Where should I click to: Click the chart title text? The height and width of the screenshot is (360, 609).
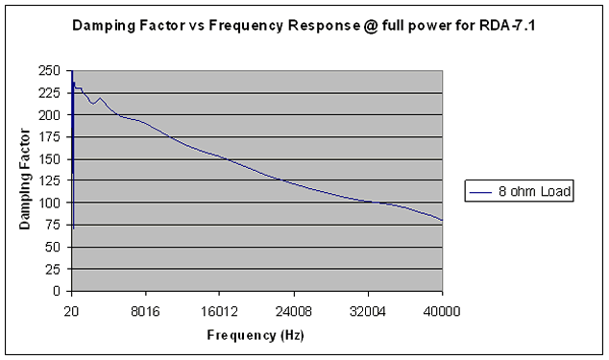pos(304,26)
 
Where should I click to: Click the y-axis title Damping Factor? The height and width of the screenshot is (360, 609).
pos(24,179)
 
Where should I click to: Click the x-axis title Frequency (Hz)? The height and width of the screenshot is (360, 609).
pos(256,335)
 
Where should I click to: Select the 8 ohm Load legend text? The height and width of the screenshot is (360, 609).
pos(534,191)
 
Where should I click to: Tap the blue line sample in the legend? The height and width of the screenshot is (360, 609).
pos(480,192)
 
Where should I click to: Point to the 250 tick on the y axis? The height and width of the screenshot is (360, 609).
pos(49,71)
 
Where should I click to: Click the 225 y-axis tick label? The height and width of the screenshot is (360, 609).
pos(49,93)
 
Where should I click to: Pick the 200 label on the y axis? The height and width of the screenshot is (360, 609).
pos(49,115)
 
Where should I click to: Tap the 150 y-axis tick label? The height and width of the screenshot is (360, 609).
pos(49,158)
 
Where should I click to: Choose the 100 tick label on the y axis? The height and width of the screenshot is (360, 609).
pos(49,203)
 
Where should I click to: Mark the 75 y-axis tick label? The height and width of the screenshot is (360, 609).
pos(53,225)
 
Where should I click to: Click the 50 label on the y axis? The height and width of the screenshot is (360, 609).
pos(53,247)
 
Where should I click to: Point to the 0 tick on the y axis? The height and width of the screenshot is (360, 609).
pos(57,291)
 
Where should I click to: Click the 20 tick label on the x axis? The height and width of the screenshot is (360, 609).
pos(71,311)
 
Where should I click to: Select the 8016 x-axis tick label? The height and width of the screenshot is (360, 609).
pos(145,311)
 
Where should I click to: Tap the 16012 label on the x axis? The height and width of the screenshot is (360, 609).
pos(219,311)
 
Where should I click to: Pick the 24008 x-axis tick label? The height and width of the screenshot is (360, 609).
pos(294,311)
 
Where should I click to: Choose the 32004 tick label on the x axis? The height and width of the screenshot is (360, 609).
pos(368,311)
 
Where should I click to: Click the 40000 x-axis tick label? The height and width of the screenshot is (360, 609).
pos(442,311)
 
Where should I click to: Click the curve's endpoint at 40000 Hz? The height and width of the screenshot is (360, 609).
pos(442,220)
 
